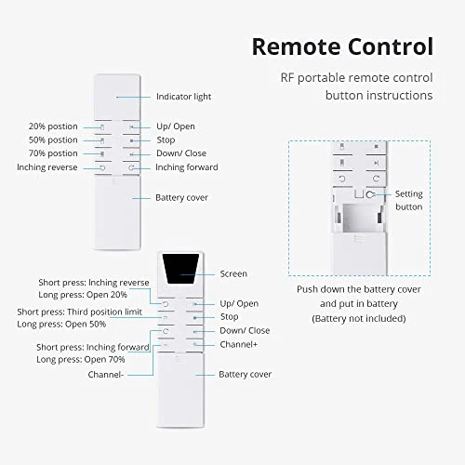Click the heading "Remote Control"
click(342, 46)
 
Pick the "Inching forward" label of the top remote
click(187, 167)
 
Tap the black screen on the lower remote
click(181, 269)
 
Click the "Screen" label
click(233, 273)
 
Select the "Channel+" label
click(240, 344)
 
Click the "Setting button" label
click(409, 200)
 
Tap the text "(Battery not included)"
click(359, 318)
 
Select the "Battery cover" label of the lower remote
click(245, 374)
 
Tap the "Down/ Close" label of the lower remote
click(245, 330)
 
